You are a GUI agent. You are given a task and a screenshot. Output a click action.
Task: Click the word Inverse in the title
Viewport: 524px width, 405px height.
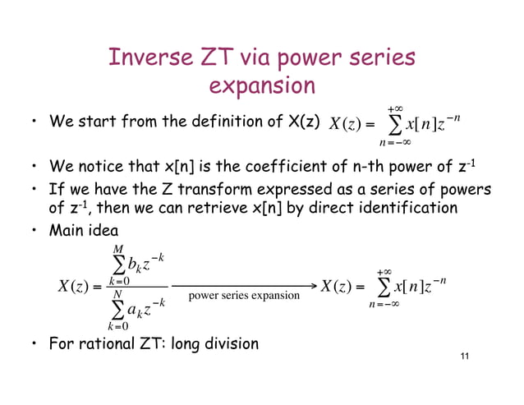click(149, 58)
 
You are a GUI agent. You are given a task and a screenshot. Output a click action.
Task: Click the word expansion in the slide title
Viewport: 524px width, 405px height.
click(262, 85)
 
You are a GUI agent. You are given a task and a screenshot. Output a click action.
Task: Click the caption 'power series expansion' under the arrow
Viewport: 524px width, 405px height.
click(244, 295)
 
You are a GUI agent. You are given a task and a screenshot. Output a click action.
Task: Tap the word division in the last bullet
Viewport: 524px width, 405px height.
click(228, 343)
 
